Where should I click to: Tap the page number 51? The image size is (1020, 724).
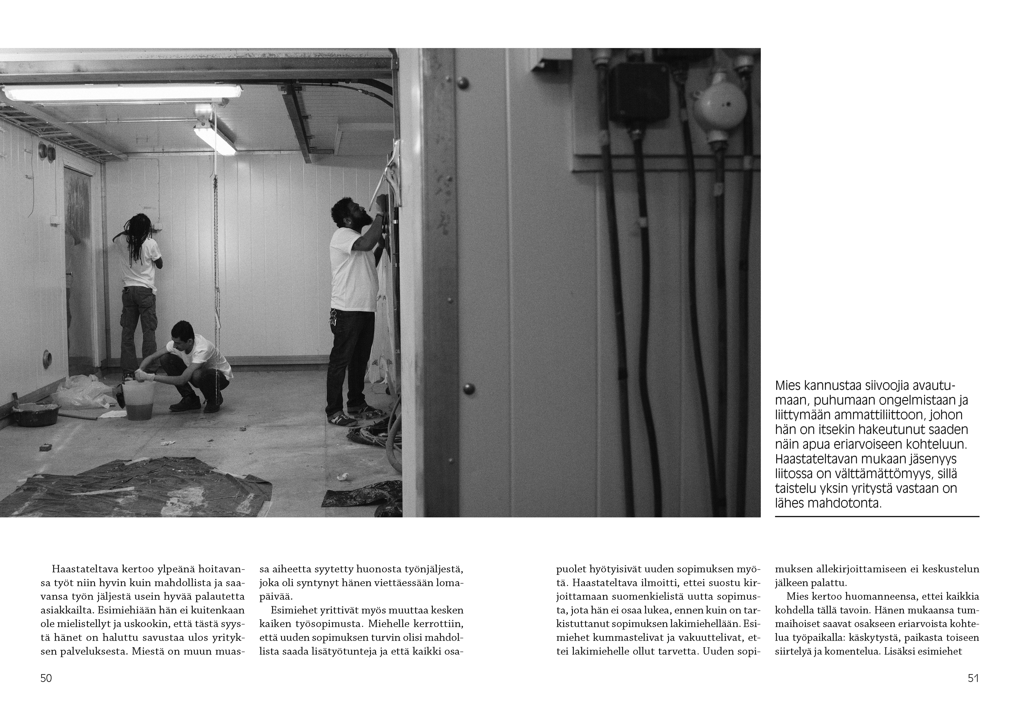tap(973, 678)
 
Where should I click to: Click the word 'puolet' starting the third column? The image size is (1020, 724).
tap(571, 569)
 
